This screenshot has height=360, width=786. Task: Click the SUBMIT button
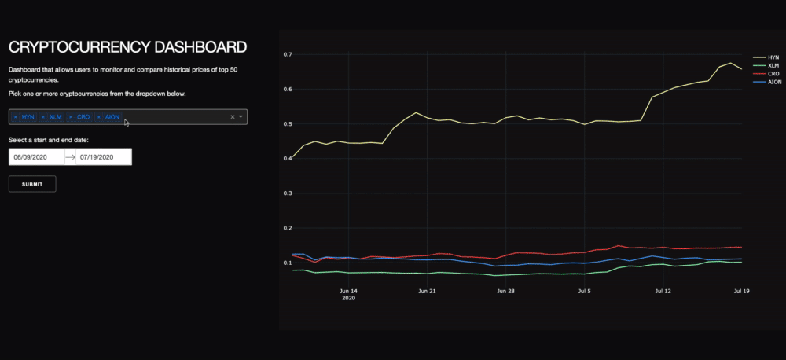click(31, 184)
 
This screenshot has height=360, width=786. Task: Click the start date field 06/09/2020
click(36, 157)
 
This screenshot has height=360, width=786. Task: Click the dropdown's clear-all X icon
click(232, 117)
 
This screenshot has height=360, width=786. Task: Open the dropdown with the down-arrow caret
click(241, 117)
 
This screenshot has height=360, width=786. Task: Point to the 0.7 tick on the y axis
click(288, 54)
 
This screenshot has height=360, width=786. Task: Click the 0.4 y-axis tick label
click(288, 158)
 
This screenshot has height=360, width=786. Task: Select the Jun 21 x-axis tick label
click(426, 291)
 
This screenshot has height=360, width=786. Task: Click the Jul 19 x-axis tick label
click(741, 291)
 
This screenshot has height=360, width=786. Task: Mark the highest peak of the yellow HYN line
click(731, 63)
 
